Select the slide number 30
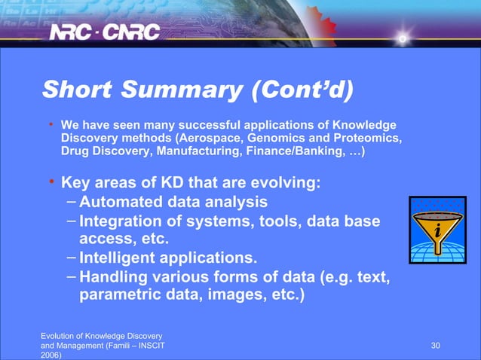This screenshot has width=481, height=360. click(x=435, y=345)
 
